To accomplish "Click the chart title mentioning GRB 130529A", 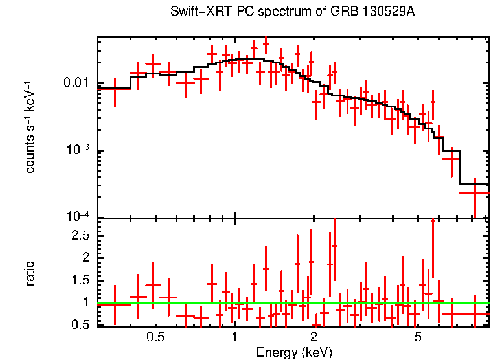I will (292, 12).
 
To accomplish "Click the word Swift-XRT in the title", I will (195, 12).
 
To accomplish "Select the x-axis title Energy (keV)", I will (294, 352).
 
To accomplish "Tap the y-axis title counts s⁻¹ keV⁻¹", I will (30, 128).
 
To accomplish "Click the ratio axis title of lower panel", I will (30, 273).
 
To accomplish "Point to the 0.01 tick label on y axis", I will (76, 84).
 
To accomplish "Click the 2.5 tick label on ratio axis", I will (81, 235).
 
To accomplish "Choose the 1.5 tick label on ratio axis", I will (81, 280).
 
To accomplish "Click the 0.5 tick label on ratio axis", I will (81, 324).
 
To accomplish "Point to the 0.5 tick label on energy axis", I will (155, 337).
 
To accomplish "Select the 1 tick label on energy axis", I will (234, 337).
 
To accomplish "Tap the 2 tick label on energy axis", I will (314, 337).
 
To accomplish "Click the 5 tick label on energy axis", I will (418, 337).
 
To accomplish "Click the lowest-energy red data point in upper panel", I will (115, 88).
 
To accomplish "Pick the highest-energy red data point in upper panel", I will (475, 192).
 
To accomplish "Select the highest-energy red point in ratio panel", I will (475, 314).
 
